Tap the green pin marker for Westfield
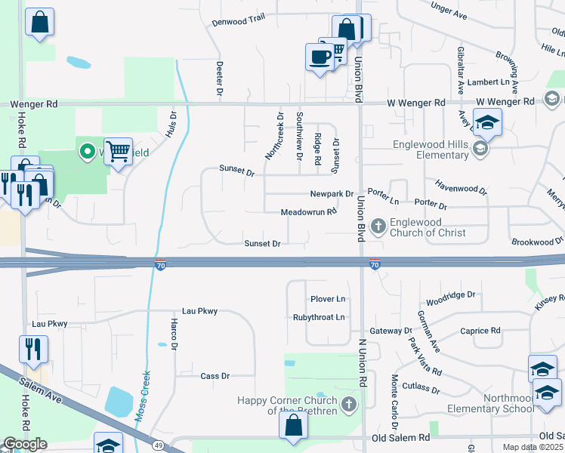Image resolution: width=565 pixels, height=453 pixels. coord(87,153)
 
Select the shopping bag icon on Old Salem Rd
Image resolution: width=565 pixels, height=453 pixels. coord(292,425)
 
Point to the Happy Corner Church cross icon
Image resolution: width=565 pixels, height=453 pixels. coord(348,404)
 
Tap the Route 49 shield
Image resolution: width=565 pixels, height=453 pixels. coord(159,445)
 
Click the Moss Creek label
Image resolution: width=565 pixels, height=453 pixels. coord(143,394)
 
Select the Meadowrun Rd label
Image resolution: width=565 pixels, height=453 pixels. coord(308,213)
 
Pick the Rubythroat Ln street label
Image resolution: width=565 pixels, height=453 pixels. coord(319,318)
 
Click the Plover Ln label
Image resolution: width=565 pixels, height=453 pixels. coord(328,300)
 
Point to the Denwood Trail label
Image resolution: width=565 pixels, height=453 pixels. coord(238,21)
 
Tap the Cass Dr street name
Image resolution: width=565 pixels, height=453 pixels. coord(215,376)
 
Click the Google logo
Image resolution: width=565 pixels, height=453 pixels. coord(24,444)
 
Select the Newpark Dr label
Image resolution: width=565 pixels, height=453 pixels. coord(332,194)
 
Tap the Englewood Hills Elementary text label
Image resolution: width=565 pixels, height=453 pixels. coord(431,149)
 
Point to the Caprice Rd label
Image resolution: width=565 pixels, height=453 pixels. coord(480,331)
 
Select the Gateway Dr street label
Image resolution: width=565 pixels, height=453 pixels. coord(391,331)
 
